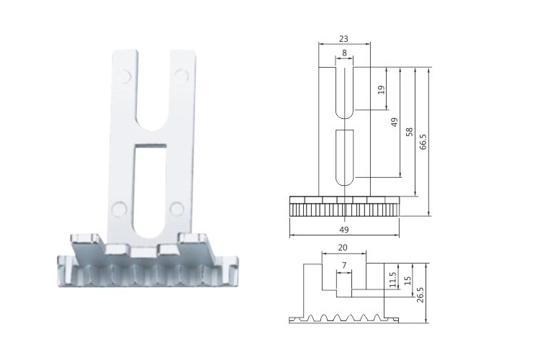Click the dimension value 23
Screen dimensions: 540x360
pyautogui.click(x=343, y=39)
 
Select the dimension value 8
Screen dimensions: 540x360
pyautogui.click(x=344, y=53)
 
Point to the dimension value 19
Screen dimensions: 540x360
pyautogui.click(x=381, y=90)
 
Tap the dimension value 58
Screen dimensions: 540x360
pyautogui.click(x=409, y=132)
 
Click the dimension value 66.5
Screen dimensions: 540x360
pyautogui.click(x=423, y=142)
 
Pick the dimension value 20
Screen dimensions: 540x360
pyautogui.click(x=343, y=248)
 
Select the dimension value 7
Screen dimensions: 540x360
pyautogui.click(x=343, y=265)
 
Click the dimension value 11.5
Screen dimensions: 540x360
pyautogui.click(x=392, y=280)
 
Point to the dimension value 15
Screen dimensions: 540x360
pyautogui.click(x=408, y=280)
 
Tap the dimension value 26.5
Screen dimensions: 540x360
pyautogui.click(x=420, y=294)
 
